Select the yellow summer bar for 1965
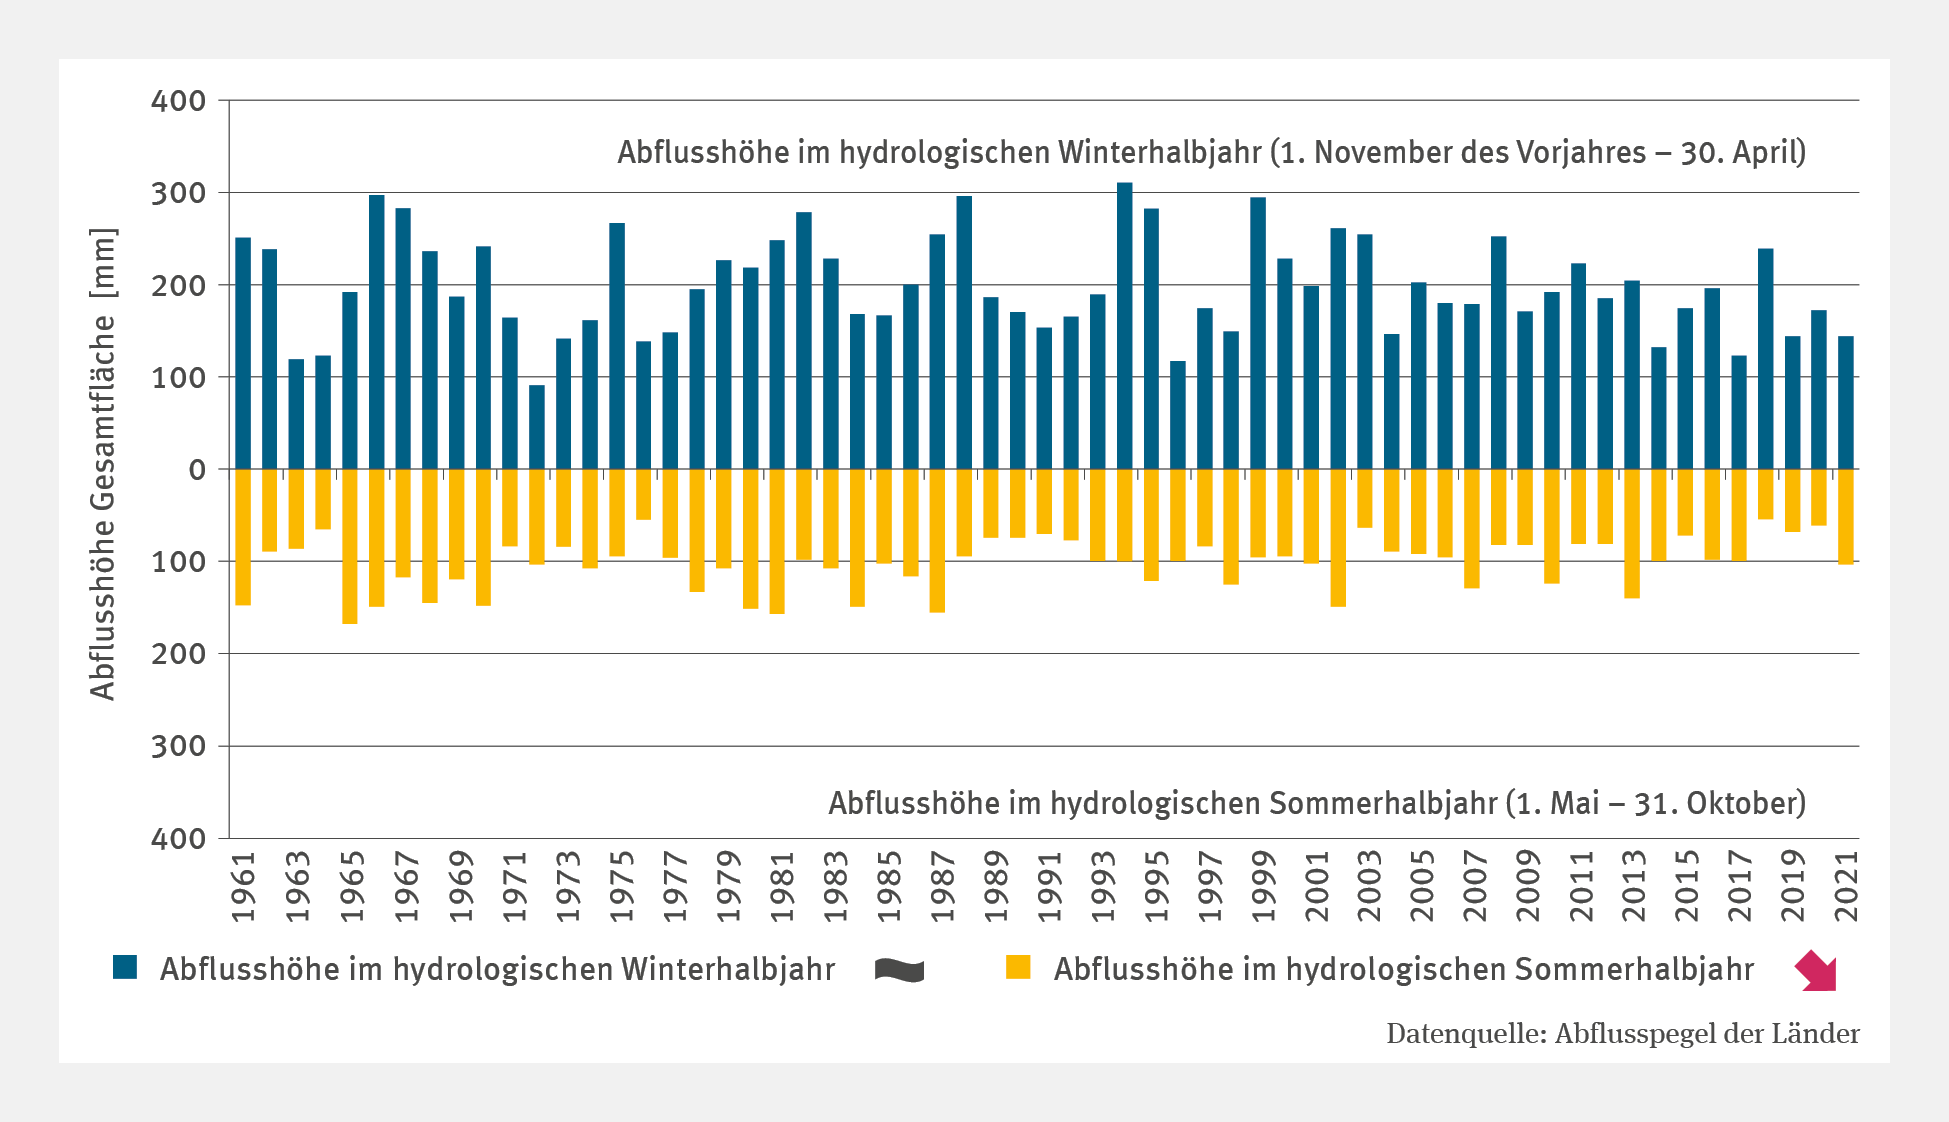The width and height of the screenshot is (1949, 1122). [x=350, y=546]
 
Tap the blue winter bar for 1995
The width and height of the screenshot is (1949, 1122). [x=1151, y=339]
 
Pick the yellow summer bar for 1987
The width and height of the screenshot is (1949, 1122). [x=937, y=540]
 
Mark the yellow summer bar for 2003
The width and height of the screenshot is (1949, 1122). [x=1365, y=498]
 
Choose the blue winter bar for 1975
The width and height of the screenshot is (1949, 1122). [x=617, y=346]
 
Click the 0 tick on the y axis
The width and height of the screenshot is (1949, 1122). [x=197, y=470]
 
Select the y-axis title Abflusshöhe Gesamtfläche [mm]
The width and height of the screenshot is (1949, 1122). [x=103, y=465]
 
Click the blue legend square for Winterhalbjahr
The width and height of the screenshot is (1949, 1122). [x=125, y=967]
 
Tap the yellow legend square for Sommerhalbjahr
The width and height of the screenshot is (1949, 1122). [x=1018, y=967]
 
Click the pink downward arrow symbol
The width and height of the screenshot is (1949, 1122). [x=1816, y=970]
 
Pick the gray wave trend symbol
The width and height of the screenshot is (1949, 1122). [x=899, y=970]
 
